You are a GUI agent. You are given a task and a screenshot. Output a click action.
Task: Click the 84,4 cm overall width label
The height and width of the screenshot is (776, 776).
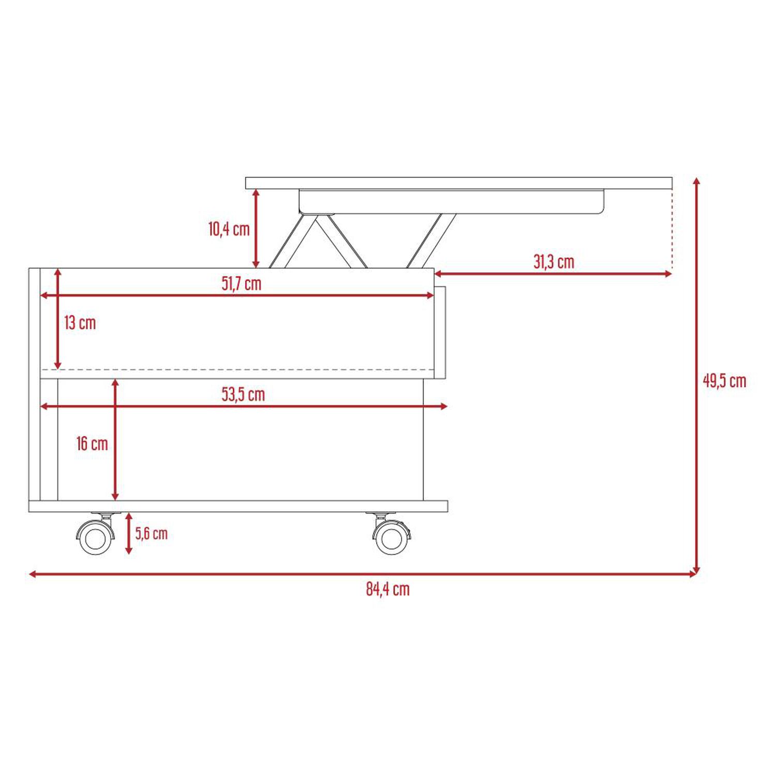(388, 589)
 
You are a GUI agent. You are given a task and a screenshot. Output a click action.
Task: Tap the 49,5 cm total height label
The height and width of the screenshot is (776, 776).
(724, 381)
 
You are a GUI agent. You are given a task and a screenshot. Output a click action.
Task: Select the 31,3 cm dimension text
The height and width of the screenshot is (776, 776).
(554, 262)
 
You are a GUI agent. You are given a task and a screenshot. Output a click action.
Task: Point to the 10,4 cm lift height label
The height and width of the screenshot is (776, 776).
(229, 229)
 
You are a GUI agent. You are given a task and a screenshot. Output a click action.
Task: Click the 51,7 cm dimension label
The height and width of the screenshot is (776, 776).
(242, 283)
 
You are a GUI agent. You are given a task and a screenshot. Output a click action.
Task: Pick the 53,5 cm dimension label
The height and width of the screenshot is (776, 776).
(243, 394)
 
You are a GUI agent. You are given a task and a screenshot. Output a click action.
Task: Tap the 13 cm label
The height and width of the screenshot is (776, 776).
(80, 323)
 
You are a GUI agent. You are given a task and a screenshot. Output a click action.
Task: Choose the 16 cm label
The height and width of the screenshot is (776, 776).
(92, 443)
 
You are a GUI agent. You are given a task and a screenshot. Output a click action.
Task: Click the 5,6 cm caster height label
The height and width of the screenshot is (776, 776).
(152, 533)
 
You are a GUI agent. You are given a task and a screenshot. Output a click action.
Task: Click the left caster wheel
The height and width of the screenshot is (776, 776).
(95, 536)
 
